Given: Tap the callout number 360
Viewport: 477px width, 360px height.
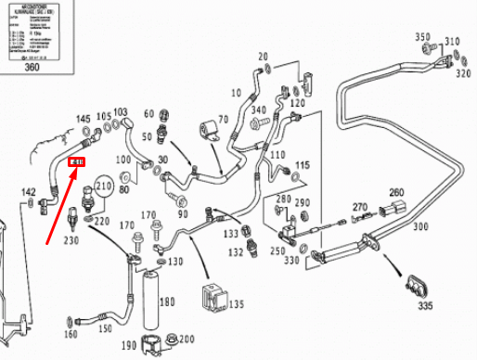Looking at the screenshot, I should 32,67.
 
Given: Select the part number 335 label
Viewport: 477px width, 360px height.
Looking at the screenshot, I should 424,304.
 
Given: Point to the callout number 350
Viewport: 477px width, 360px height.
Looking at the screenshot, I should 422,38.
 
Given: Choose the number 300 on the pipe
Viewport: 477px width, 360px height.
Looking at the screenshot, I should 420,226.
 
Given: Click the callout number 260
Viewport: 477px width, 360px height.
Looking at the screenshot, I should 396,193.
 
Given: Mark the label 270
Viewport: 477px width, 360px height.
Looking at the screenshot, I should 361,207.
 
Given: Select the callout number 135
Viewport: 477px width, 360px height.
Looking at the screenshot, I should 237,303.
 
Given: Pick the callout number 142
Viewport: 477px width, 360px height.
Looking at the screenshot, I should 29,192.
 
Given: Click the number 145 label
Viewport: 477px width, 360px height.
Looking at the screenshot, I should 84,119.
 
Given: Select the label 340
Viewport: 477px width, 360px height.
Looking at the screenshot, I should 259,110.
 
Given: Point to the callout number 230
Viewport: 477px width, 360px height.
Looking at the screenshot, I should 71,241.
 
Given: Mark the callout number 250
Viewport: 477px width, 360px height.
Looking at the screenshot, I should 277,251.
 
